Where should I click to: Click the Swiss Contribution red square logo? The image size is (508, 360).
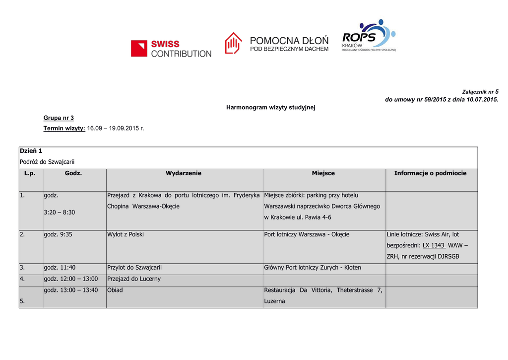click(139, 48)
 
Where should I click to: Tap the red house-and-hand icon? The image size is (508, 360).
click(233, 43)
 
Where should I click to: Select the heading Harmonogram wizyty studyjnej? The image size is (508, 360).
click(271, 107)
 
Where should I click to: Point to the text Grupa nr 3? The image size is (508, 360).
click(59, 118)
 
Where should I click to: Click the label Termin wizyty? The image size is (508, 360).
click(64, 128)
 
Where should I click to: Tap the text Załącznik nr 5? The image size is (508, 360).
click(480, 92)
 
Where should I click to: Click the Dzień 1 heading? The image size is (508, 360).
click(31, 150)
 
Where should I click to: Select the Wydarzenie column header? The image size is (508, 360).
click(184, 173)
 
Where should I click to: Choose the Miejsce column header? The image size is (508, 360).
click(323, 173)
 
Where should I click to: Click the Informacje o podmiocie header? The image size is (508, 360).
click(430, 173)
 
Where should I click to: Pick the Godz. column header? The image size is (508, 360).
click(73, 173)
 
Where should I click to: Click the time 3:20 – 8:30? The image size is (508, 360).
click(60, 212)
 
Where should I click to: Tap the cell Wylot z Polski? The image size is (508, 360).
click(126, 234)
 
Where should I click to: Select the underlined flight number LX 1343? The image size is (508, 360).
click(434, 245)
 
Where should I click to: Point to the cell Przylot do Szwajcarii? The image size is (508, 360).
click(134, 268)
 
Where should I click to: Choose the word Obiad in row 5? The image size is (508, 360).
click(115, 290)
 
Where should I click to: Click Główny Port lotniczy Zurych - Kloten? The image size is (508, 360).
click(313, 268)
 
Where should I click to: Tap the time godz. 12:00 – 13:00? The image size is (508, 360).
click(71, 279)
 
